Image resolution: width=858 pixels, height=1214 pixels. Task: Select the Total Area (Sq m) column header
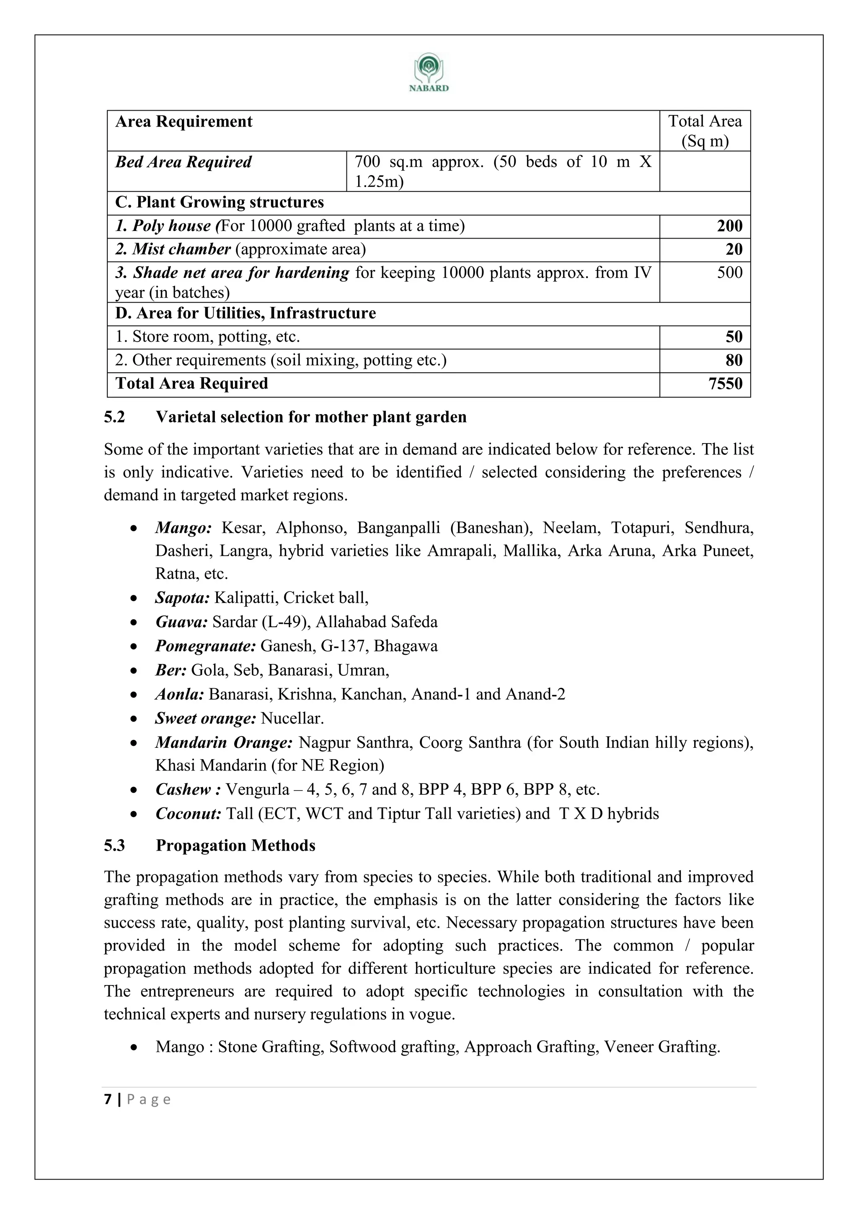(x=704, y=131)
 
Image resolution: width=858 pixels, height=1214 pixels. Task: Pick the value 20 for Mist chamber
(x=734, y=249)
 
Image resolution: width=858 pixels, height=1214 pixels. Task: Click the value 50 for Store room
(x=734, y=336)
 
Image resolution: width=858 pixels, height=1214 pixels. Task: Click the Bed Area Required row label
(x=183, y=162)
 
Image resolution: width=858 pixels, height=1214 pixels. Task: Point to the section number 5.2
(x=115, y=417)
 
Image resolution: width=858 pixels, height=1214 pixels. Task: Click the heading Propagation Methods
(x=235, y=845)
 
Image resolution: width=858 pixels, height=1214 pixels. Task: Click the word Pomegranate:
(x=206, y=646)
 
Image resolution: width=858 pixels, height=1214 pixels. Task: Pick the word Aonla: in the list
(x=180, y=694)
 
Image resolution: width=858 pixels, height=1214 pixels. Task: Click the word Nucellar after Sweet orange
(x=292, y=718)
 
